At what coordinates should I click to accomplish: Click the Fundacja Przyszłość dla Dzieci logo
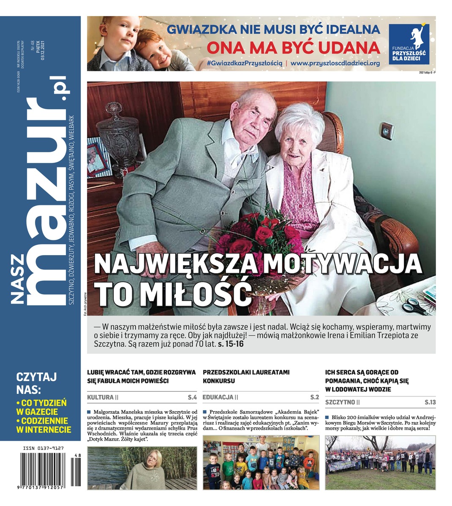pos(408,43)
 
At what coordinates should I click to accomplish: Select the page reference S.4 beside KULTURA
pos(192,397)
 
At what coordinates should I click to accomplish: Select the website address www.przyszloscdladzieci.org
pos(335,63)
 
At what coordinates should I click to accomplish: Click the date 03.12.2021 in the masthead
pos(43,55)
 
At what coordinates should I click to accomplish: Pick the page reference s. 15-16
pos(231,344)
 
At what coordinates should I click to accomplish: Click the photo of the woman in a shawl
pos(142,468)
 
